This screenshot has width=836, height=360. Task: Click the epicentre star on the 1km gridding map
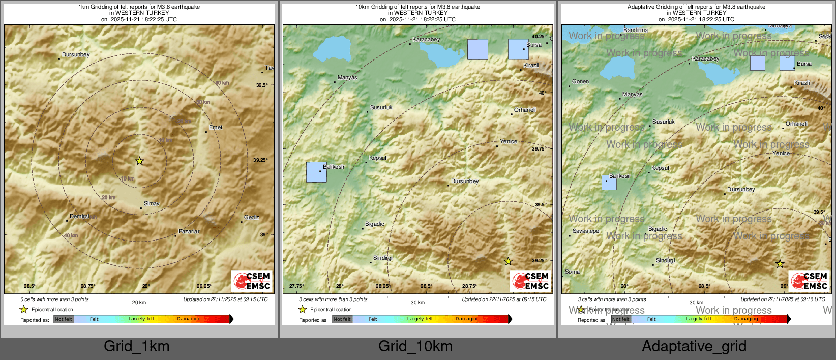point(139,161)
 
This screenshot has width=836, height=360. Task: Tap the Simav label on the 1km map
point(152,203)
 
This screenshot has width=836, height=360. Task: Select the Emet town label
point(216,127)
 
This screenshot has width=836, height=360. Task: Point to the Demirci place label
point(79,216)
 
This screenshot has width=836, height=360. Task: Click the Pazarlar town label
point(189,231)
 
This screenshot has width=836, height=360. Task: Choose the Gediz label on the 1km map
point(252,217)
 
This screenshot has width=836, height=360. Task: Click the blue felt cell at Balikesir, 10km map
point(316,172)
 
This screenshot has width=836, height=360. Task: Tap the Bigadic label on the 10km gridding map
point(375,224)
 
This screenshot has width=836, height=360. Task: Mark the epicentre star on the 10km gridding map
point(508,261)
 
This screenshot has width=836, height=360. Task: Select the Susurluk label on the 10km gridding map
point(381,107)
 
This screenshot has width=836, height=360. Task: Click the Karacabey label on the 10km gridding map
point(426,39)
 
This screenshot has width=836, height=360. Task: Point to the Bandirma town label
point(636,30)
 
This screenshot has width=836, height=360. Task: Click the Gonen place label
point(580,81)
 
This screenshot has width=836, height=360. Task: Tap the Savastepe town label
point(586,231)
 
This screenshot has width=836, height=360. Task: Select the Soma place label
point(572,272)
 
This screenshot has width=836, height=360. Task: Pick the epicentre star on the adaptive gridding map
point(780,264)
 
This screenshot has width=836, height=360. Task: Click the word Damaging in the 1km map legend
point(189,319)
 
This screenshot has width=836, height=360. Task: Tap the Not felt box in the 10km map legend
point(342,319)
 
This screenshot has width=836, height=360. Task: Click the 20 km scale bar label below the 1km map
point(139,302)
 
